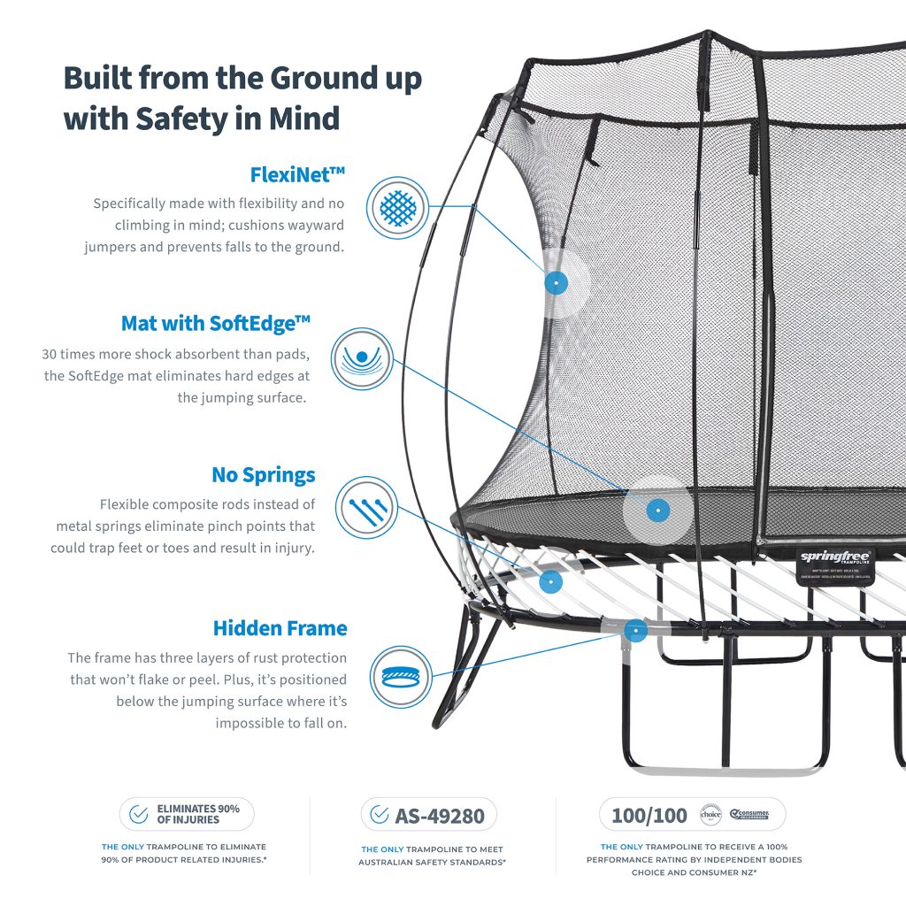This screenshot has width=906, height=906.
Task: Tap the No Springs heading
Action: [x=263, y=475]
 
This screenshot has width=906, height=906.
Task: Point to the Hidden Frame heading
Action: [x=280, y=628]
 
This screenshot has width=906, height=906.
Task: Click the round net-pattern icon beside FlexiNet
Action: [x=397, y=208]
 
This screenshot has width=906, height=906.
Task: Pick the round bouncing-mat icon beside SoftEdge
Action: [x=361, y=359]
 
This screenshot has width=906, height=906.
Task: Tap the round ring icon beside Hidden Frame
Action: [x=400, y=676]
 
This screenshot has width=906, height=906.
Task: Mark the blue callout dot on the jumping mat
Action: [x=657, y=511]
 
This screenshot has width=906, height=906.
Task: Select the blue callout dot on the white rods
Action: [x=550, y=582]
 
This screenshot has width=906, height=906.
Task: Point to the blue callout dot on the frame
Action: [x=635, y=631]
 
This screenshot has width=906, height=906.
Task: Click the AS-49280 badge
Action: [x=428, y=815]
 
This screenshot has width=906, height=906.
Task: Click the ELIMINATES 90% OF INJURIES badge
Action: [x=187, y=814]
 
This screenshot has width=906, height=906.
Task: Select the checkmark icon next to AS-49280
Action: [x=380, y=815]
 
